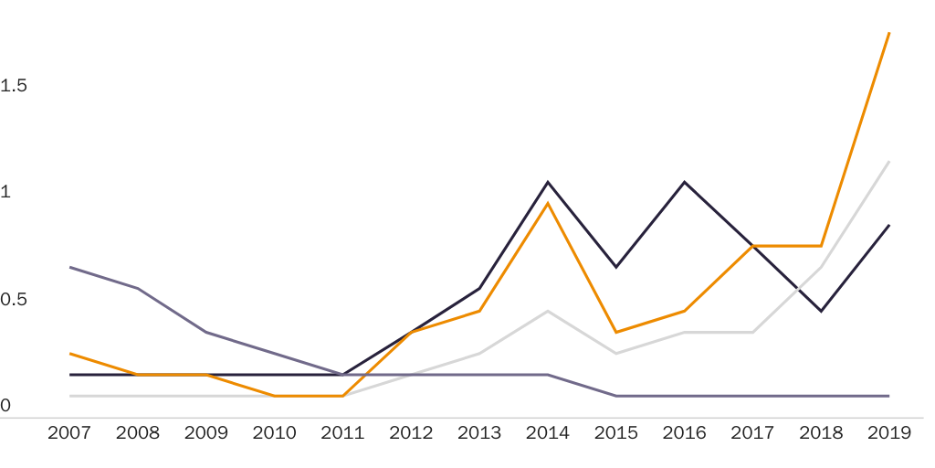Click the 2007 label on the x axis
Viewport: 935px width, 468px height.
tap(69, 433)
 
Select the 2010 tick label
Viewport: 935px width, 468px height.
tap(274, 433)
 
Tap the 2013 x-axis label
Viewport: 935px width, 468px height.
tap(479, 433)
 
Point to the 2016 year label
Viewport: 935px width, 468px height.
tap(684, 433)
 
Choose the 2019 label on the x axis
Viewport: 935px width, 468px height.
tap(888, 433)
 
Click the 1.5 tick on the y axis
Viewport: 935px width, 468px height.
tap(15, 86)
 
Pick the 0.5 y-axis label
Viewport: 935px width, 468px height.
tap(15, 300)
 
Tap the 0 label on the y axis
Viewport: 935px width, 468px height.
tap(5, 405)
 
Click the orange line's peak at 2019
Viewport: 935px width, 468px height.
tap(889, 33)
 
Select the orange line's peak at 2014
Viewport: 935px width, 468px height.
tap(548, 203)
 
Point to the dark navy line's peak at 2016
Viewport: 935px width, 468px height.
tap(684, 182)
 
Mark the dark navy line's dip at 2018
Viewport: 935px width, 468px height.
tap(821, 311)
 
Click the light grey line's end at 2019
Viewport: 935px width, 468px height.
tap(889, 162)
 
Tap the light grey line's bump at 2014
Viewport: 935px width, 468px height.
tap(548, 311)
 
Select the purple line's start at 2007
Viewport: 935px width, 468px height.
tap(70, 267)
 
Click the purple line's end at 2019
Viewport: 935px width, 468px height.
tap(889, 396)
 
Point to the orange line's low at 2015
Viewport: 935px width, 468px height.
tap(616, 332)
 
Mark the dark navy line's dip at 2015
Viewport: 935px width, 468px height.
tap(616, 267)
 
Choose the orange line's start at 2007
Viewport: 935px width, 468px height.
tap(70, 353)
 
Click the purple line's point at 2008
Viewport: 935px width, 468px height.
tap(138, 289)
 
